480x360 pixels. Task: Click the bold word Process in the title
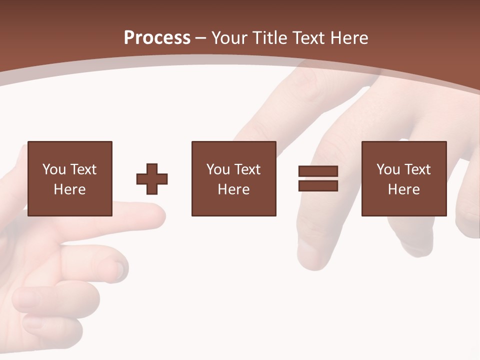[x=157, y=38]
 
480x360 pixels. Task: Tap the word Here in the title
[x=349, y=38]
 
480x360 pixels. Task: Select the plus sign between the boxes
[x=152, y=179]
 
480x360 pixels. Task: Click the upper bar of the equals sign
[x=318, y=171]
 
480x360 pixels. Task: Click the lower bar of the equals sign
[x=318, y=186]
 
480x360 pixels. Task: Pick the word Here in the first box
[x=69, y=189]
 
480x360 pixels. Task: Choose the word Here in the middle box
[x=233, y=189]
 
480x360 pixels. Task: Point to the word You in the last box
[x=388, y=169]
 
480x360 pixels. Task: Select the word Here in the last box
[x=403, y=189]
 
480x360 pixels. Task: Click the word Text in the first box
[x=83, y=169]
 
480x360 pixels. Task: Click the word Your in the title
[x=229, y=38]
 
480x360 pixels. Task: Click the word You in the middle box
[x=218, y=169]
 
